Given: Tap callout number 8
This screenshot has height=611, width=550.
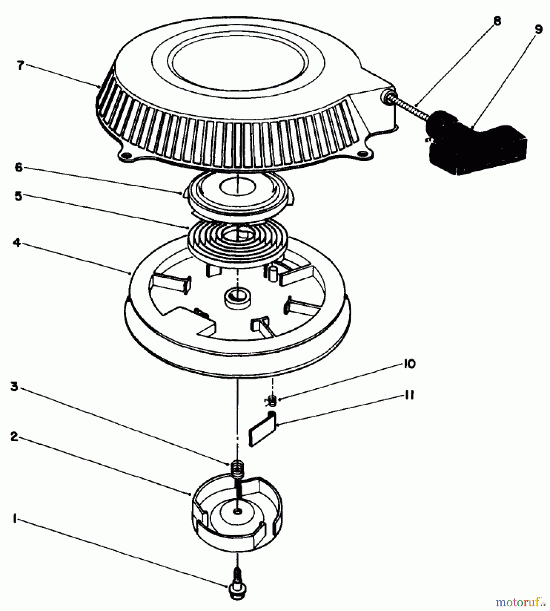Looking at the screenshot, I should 497,21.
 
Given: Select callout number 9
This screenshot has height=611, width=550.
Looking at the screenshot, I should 538,30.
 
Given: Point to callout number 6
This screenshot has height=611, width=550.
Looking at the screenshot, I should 19,167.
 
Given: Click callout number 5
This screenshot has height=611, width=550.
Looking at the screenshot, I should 19,196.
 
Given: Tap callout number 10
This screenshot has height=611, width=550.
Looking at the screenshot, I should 409,364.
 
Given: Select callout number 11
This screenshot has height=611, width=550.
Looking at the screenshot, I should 409,395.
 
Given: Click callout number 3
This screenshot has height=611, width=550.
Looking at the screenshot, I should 14,386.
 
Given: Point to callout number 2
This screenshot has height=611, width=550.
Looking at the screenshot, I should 14,437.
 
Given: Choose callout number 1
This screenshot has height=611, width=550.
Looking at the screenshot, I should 14,519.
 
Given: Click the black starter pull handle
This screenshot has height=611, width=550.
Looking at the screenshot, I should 475,143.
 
